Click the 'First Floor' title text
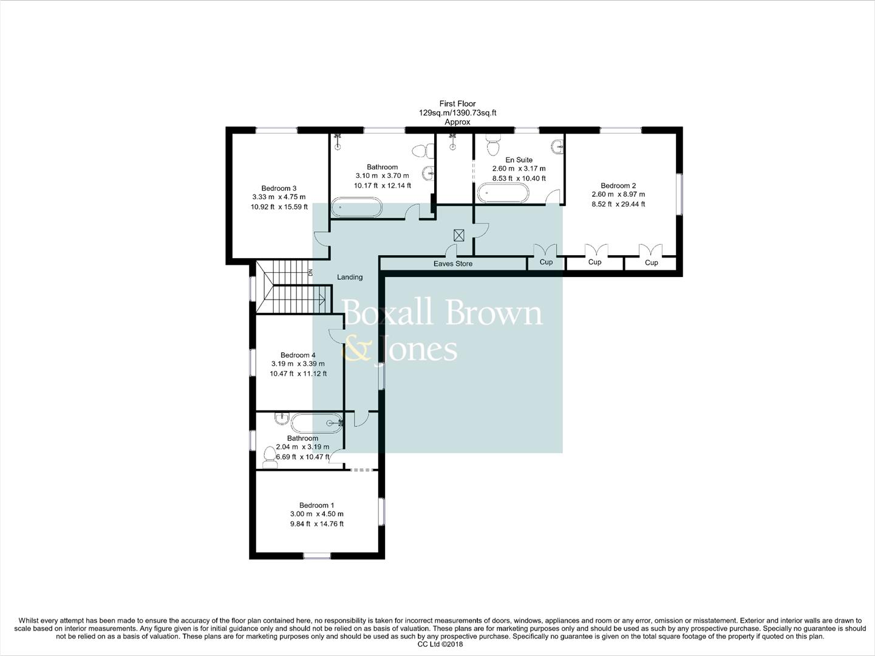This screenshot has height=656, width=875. [x=457, y=104]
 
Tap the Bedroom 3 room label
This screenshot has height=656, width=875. [x=279, y=188]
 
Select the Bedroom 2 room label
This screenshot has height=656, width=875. [x=618, y=186]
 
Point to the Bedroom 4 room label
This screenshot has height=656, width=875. [x=298, y=355]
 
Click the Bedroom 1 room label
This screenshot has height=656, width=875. [x=316, y=505]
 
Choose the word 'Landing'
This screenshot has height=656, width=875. [x=350, y=277]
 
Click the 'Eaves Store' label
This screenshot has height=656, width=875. [x=452, y=264]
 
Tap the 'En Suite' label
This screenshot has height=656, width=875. [x=519, y=160]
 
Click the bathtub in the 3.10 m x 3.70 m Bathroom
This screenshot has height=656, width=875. [x=356, y=207]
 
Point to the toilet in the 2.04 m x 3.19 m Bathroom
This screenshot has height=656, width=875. [x=270, y=457]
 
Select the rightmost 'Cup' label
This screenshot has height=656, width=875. [x=651, y=263]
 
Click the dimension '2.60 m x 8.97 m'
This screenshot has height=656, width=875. [x=618, y=195]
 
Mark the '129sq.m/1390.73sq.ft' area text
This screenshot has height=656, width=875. [x=457, y=113]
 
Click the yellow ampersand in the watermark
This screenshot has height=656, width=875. [x=357, y=349]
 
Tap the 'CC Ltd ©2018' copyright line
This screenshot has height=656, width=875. [x=440, y=644]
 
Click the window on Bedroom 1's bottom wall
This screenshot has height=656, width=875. [x=317, y=555]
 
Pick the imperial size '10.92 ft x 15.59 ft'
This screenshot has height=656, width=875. [x=279, y=207]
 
